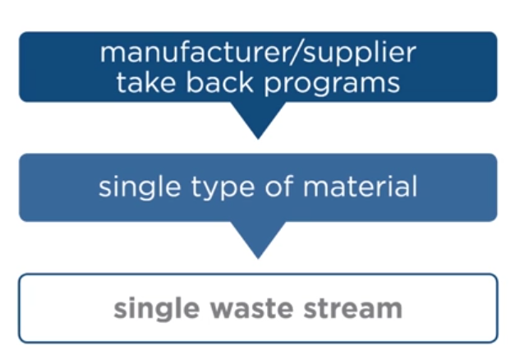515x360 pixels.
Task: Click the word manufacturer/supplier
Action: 257,53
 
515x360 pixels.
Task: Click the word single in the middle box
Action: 135,187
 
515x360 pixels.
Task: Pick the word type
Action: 214,188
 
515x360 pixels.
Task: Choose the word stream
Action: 353,309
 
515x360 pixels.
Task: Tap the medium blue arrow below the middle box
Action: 258,239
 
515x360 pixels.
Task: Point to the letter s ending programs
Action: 393,83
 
